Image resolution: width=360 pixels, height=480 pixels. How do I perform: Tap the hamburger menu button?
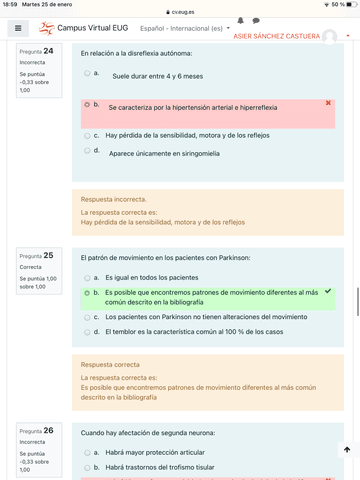coord(17,31)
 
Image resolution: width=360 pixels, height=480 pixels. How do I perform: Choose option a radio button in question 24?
coord(87,73)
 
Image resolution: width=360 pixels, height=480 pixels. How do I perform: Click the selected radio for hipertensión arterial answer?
coord(87,104)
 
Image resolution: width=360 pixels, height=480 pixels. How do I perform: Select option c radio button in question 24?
coord(87,134)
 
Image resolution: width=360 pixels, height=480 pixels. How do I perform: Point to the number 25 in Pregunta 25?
coord(47,255)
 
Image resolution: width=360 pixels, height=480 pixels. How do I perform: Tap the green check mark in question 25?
coord(328,291)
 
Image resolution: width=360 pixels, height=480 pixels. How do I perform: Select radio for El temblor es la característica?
coord(87,331)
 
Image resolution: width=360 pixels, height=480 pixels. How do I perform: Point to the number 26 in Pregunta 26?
coord(47,430)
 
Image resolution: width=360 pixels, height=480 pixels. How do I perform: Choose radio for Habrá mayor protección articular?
coord(87,453)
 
